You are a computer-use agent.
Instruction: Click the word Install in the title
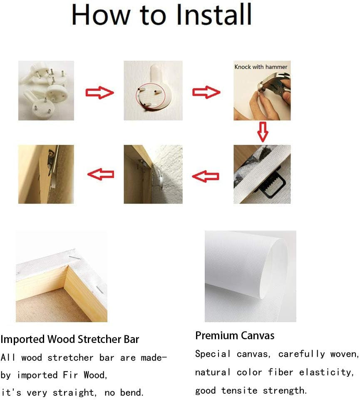214,15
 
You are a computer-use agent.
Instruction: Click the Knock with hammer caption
261,67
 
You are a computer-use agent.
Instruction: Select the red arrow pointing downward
263,132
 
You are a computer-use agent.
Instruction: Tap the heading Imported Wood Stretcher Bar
70,339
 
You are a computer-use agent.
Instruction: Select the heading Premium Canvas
235,335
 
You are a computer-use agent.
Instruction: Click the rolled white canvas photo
250,276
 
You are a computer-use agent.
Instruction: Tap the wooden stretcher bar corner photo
62,276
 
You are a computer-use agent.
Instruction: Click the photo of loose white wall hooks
46,91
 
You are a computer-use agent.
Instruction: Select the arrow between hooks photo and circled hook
99,92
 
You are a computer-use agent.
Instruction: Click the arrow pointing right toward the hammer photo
206,92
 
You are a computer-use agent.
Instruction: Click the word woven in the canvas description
345,354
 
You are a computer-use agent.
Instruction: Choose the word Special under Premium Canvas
213,354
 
